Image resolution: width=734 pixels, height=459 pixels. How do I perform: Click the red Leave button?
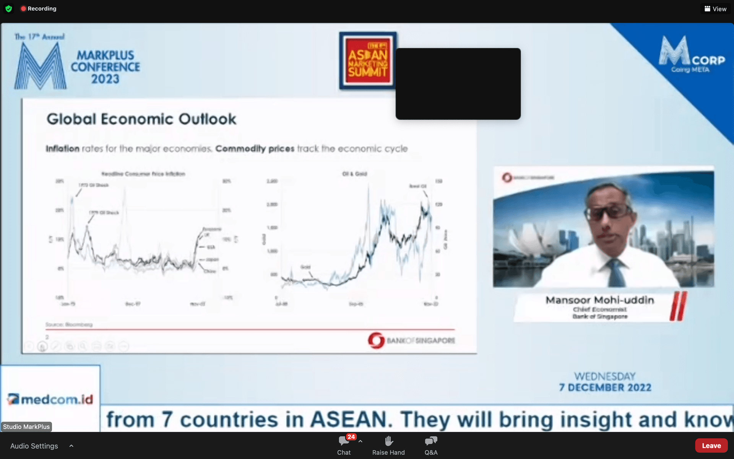711,446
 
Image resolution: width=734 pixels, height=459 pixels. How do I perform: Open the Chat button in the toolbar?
344,446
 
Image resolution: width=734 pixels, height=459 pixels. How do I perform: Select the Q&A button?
431,446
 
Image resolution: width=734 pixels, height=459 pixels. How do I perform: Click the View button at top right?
715,9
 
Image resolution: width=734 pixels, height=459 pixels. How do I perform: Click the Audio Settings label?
34,446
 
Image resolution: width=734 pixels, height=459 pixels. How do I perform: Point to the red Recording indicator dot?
23,8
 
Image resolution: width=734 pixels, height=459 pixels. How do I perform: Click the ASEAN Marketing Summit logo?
368,61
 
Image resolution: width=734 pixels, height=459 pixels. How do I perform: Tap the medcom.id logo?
50,399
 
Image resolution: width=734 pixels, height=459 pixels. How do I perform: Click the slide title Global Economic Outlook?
141,119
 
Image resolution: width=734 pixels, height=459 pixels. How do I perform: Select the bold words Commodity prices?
255,148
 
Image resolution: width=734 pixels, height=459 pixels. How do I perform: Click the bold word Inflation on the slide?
63,148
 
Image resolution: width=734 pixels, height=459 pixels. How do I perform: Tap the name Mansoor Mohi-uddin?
599,300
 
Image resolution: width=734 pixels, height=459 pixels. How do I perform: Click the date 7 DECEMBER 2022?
605,387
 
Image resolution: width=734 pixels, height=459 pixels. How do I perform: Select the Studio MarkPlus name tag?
26,426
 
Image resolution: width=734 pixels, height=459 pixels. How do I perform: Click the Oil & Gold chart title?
354,174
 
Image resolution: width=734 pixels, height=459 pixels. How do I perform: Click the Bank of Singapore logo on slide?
411,340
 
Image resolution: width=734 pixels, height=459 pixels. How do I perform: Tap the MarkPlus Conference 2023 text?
105,67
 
